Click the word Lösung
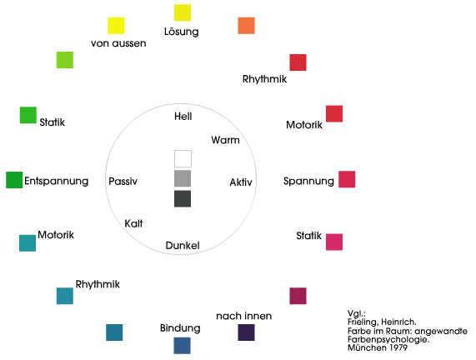tap(181, 32)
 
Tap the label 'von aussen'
tap(118, 43)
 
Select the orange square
tap(246, 26)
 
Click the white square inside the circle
tap(183, 158)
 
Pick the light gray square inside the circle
tap(183, 178)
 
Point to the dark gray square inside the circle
tap(183, 198)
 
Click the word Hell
tap(183, 117)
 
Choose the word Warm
tap(225, 140)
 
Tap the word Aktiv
tap(241, 182)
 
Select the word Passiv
tap(123, 181)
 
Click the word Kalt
tap(133, 223)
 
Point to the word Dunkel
tap(183, 245)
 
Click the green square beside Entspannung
tap(14, 180)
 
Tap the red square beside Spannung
tap(347, 179)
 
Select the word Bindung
tap(180, 328)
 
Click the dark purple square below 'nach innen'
tap(246, 332)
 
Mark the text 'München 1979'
tap(378, 347)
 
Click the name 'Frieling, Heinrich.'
tap(382, 322)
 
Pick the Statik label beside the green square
tap(53, 122)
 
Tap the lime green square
tap(65, 60)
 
